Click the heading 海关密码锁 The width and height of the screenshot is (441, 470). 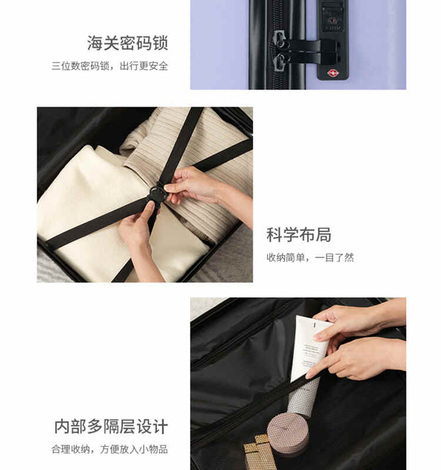(x=128, y=43)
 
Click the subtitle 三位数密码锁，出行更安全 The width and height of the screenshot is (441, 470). (x=110, y=66)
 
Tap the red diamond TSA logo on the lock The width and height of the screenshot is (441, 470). (x=333, y=72)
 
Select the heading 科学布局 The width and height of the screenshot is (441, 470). (x=299, y=234)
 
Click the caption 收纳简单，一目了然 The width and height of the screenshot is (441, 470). (x=310, y=257)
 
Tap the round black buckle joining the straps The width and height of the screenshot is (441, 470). (x=156, y=194)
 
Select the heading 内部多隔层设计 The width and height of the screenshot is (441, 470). (x=111, y=427)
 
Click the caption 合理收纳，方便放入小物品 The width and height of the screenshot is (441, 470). (x=110, y=449)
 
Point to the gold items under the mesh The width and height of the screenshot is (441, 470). (x=258, y=451)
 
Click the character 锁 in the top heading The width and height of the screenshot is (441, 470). (x=160, y=43)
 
